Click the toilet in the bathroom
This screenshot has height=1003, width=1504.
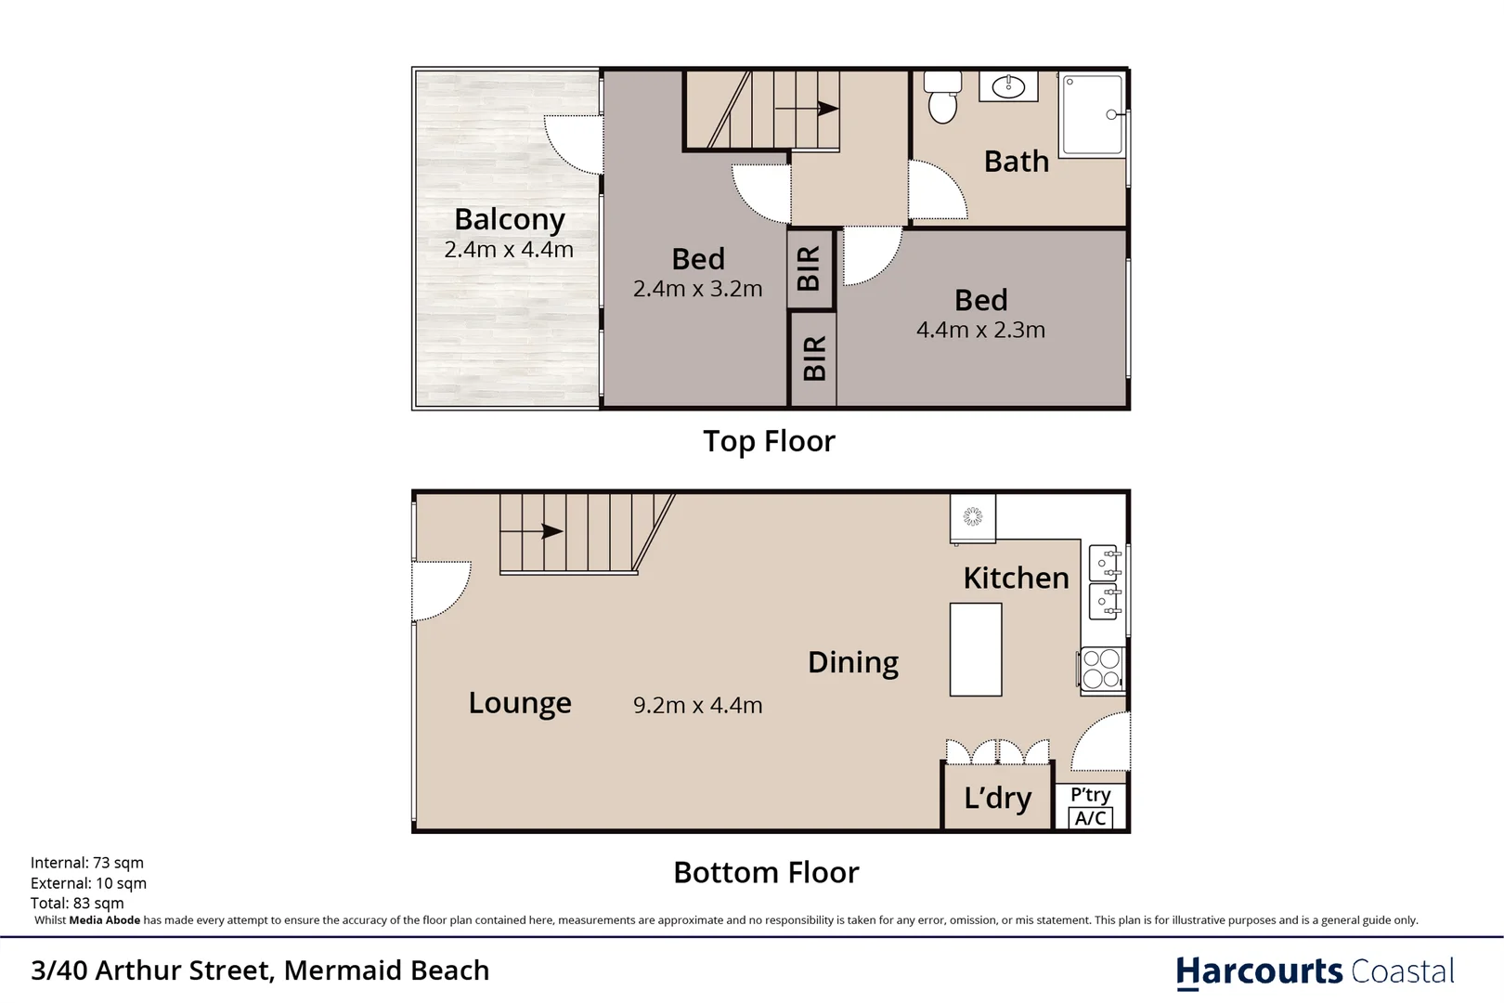(x=942, y=98)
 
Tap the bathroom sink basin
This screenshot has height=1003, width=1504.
(x=1008, y=87)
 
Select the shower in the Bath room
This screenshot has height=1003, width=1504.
(x=1093, y=115)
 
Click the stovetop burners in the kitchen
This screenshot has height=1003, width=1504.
(x=1102, y=669)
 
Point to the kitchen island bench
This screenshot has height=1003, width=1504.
(x=975, y=649)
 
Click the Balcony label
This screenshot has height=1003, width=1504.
(x=509, y=219)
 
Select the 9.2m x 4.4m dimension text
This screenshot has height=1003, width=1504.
(x=697, y=705)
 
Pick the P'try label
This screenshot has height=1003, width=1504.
(x=1090, y=795)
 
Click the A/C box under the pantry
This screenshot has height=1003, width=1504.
(x=1090, y=818)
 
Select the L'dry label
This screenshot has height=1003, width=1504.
(x=997, y=798)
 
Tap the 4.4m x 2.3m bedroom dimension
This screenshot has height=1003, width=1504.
(x=980, y=330)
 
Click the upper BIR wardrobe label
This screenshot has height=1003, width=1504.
(x=809, y=268)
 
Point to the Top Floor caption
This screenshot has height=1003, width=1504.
(x=769, y=441)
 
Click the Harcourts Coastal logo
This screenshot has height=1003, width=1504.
(x=1315, y=971)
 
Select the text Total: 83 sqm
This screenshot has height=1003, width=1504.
(x=77, y=903)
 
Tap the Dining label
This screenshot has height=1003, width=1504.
(x=852, y=662)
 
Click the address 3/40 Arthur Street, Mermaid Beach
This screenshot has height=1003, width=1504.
(x=260, y=970)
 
